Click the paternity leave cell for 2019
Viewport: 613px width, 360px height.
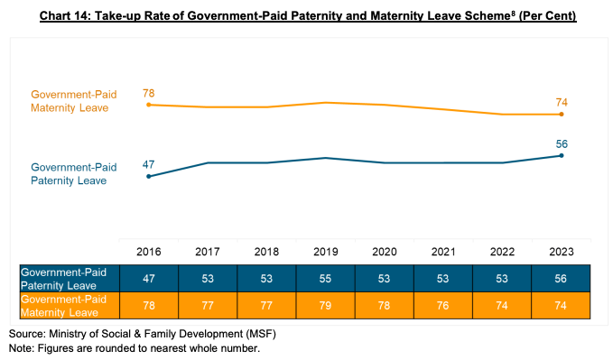(x=325, y=278)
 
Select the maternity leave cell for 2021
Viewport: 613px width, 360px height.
(x=443, y=305)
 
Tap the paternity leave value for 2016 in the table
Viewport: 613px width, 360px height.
(x=149, y=278)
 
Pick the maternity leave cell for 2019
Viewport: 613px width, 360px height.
(x=325, y=305)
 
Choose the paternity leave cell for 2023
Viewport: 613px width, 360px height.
(x=561, y=278)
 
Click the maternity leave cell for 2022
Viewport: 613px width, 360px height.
(x=502, y=305)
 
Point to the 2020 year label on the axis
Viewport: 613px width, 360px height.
(x=385, y=252)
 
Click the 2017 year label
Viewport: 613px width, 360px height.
(x=208, y=252)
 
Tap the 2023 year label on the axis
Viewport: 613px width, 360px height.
(x=562, y=252)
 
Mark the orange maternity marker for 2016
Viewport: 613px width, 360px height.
(x=149, y=105)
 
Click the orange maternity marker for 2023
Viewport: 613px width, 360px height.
(x=562, y=115)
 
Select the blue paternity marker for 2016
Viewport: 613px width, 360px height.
(x=149, y=176)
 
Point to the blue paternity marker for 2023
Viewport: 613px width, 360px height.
(x=562, y=155)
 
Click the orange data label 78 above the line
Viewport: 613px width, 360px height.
(x=149, y=94)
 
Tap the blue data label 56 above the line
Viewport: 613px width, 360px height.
(x=562, y=144)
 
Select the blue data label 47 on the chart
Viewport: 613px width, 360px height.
(x=149, y=164)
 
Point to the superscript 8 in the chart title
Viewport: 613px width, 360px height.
(x=514, y=12)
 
